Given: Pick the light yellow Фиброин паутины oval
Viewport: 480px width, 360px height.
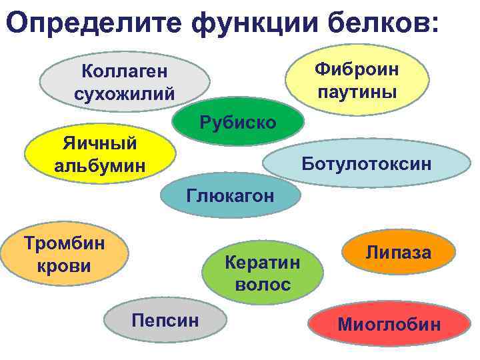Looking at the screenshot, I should tap(357, 78).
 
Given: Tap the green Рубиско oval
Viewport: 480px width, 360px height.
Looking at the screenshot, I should tap(238, 121).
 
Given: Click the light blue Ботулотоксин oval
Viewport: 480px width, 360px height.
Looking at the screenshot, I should tap(366, 163).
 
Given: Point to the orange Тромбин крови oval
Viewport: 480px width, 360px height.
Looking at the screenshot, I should tap(65, 254).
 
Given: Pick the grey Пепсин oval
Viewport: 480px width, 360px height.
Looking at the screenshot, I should tap(165, 319).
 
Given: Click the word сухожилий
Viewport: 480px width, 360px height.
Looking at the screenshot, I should tap(125, 93).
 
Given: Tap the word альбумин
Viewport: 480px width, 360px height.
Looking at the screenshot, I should tap(99, 164).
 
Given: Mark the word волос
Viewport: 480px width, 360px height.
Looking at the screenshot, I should tap(263, 285).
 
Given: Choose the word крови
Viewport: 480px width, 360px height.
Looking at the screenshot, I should tap(65, 266).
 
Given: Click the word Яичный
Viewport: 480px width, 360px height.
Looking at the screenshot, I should tap(99, 143).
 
